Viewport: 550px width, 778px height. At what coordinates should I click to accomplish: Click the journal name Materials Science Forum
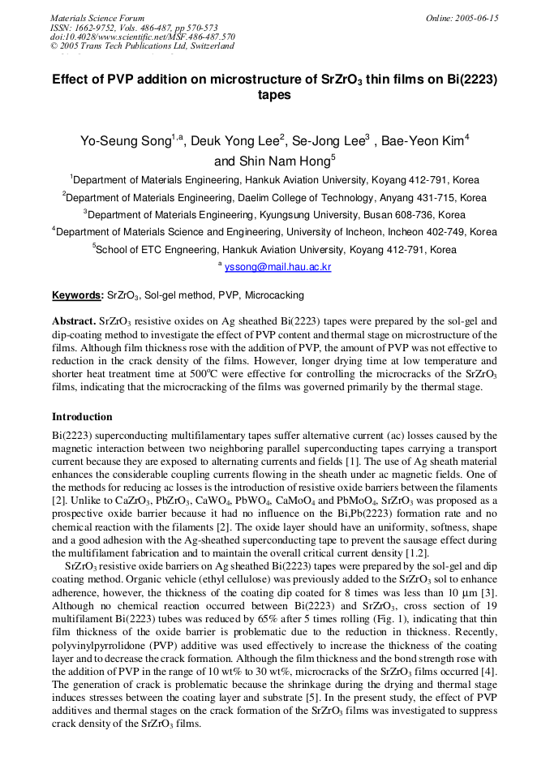tap(97, 18)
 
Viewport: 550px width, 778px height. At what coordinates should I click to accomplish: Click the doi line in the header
tap(142, 37)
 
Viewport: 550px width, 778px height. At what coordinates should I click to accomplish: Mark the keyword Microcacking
tap(274, 295)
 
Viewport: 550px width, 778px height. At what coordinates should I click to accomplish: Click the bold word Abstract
tap(74, 321)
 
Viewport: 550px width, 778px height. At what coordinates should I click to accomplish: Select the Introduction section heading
tap(82, 417)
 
